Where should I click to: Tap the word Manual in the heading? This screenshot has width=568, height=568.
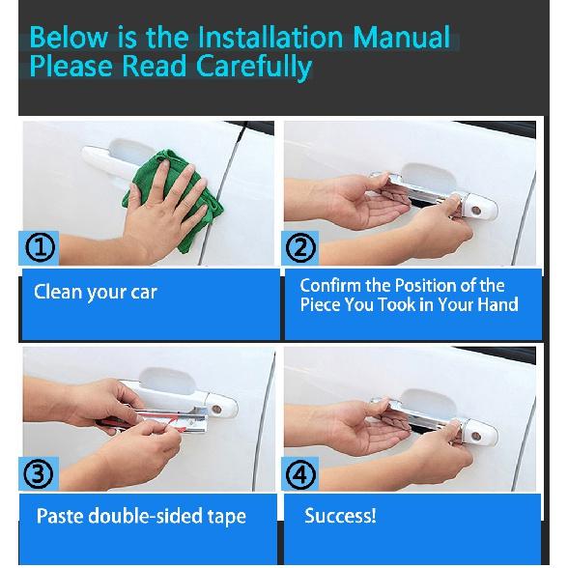[x=402, y=37]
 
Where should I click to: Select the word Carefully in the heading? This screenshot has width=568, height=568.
[x=254, y=68]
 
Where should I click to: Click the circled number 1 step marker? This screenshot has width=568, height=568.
[x=40, y=247]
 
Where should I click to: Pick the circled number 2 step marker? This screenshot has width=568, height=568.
[x=300, y=247]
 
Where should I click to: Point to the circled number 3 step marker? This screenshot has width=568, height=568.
[x=39, y=474]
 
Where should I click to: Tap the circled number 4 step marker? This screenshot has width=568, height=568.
[x=300, y=474]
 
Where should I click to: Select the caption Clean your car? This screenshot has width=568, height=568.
[x=96, y=293]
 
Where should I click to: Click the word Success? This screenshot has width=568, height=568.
[x=340, y=515]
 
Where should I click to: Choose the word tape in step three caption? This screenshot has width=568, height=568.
[x=227, y=517]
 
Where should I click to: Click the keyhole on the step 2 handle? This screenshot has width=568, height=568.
[x=476, y=211]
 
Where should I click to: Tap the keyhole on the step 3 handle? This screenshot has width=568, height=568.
[x=216, y=410]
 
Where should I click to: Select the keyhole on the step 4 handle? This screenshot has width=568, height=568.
[x=476, y=437]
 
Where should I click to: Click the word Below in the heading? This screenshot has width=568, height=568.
[x=69, y=37]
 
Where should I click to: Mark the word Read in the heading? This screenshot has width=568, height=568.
[x=154, y=66]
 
